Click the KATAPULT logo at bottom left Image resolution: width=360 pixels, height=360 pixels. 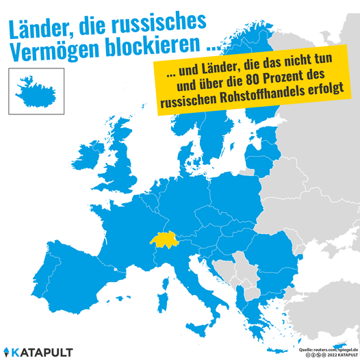(43, 350)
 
